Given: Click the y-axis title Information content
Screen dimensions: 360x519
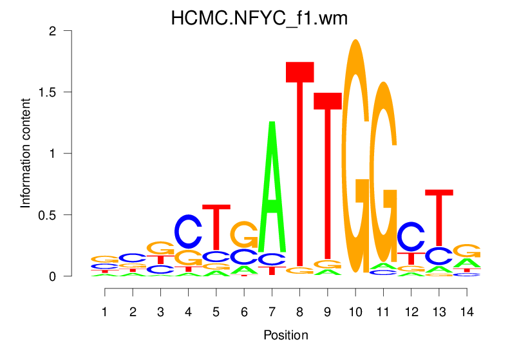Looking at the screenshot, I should (26, 153).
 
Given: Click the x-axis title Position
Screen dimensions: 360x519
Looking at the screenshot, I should (286, 335).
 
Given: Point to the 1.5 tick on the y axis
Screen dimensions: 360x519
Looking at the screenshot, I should (76, 92).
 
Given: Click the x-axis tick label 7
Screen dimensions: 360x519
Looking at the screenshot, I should (272, 312).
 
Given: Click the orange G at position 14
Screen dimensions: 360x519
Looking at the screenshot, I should (466, 251).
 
